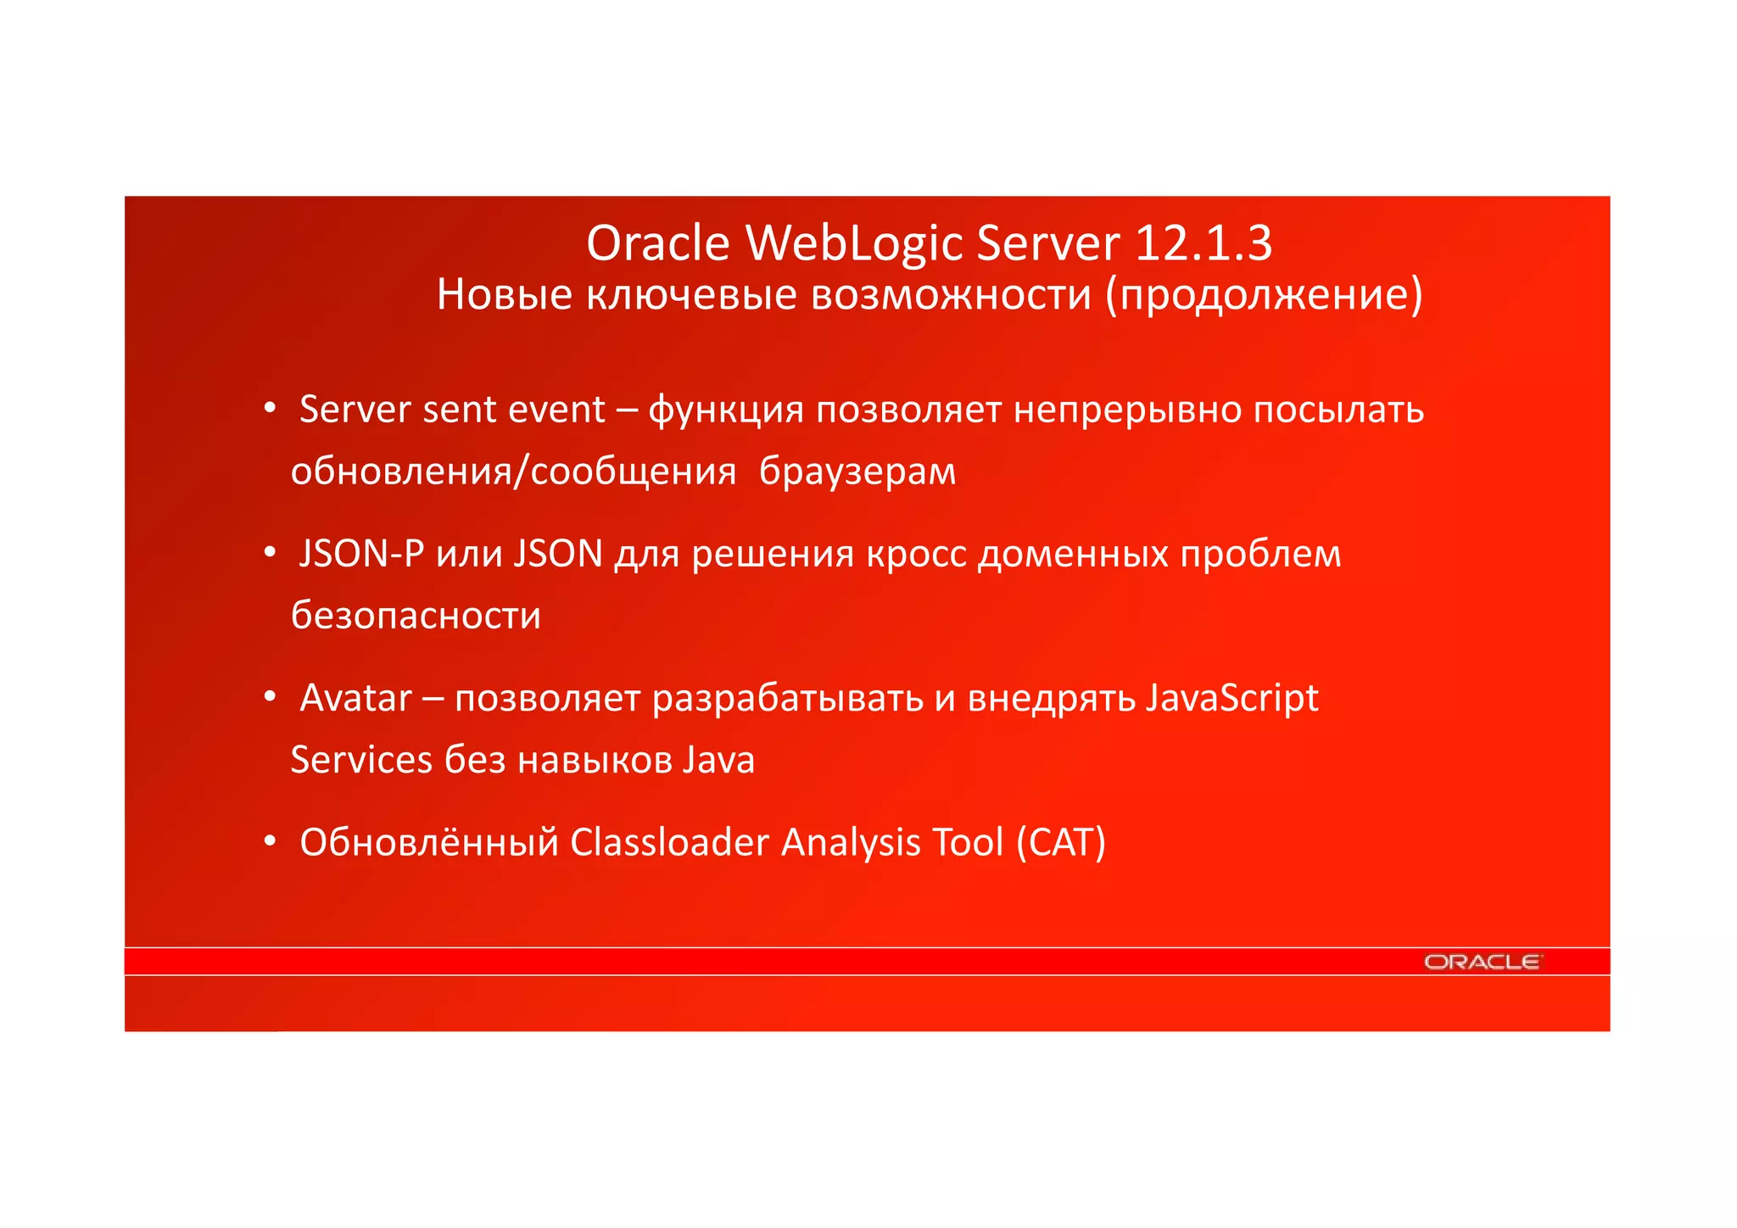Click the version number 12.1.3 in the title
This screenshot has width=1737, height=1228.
1203,243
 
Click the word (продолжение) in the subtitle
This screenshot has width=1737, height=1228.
1264,295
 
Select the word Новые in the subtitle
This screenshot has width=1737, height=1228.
504,295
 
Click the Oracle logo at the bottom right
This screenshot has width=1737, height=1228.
1482,962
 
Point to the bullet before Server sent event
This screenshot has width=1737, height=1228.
270,409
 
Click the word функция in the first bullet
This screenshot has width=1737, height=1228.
725,410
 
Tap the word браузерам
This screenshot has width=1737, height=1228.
857,472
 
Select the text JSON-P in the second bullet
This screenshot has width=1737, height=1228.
361,554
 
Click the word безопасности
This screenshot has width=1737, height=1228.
416,616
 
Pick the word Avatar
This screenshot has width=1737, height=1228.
355,698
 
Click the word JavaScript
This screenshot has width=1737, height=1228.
1232,698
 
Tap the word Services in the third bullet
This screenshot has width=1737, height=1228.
361,760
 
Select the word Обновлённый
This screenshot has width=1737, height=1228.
428,843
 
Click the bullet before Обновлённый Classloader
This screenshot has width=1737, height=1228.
270,841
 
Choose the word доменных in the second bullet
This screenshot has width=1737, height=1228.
1072,555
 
